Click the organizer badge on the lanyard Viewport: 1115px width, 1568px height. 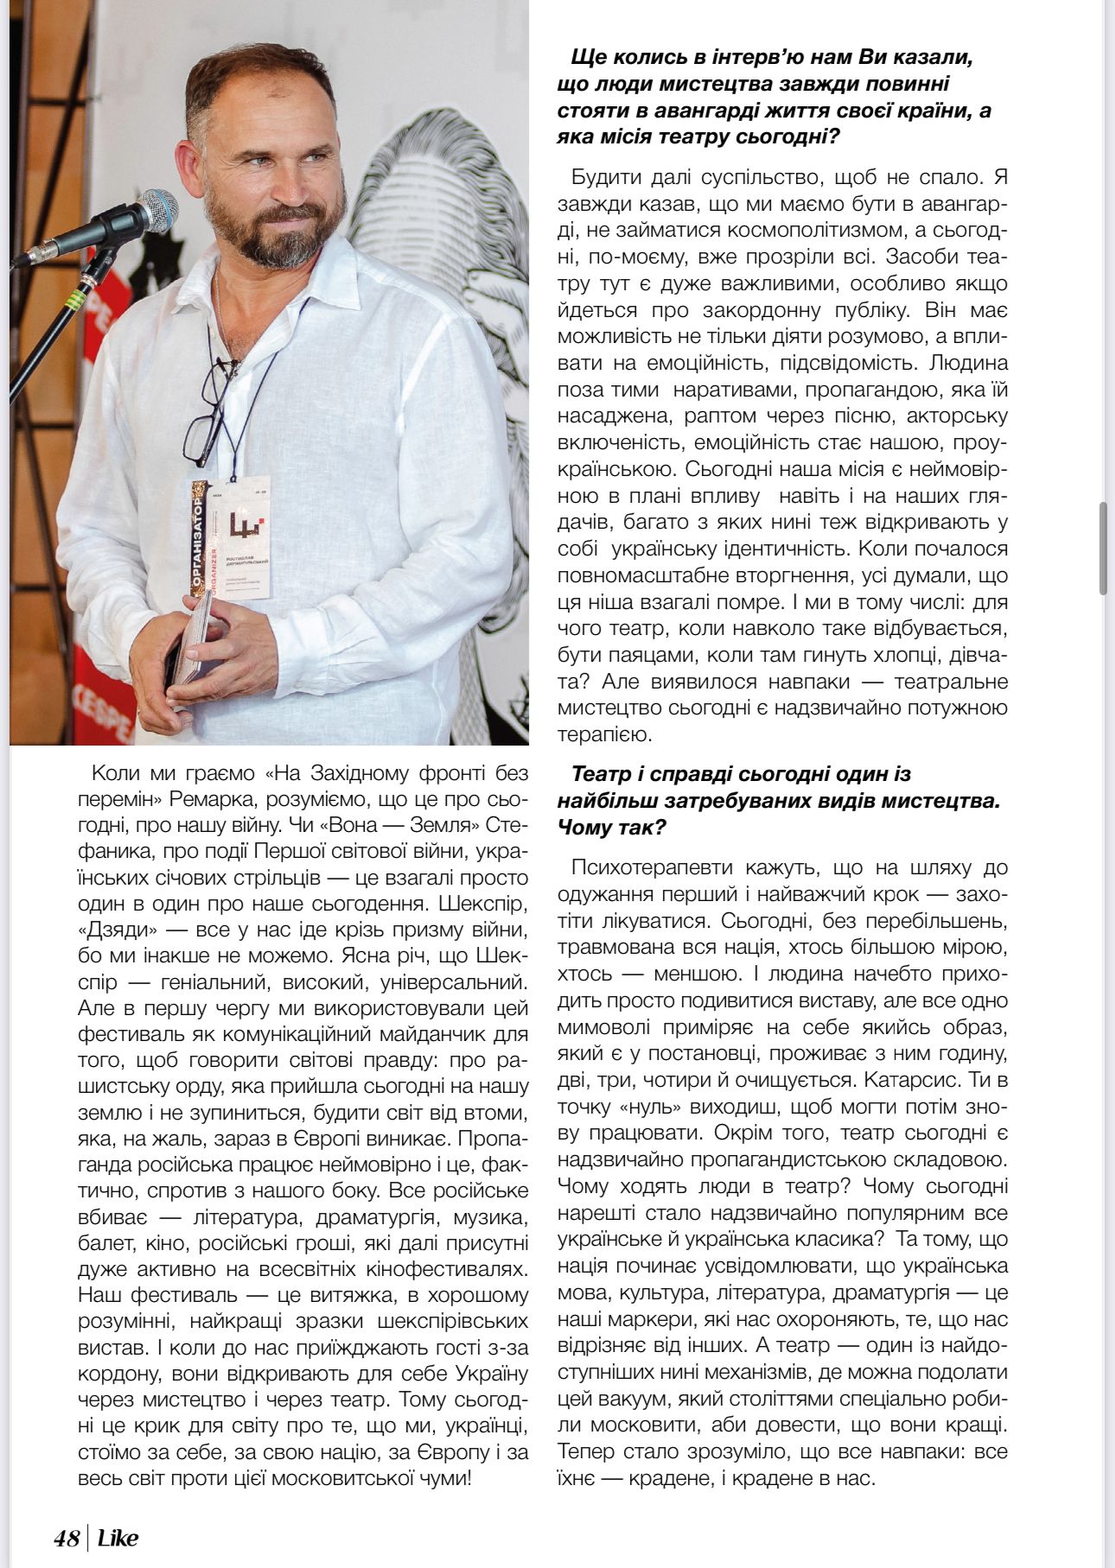pyautogui.click(x=231, y=541)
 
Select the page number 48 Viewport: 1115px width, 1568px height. pyautogui.click(x=66, y=1539)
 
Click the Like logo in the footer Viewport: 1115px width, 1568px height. pyautogui.click(x=118, y=1539)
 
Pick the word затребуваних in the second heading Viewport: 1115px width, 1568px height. pyautogui.click(x=759, y=800)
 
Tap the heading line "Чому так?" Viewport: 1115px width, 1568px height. pyautogui.click(x=612, y=827)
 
